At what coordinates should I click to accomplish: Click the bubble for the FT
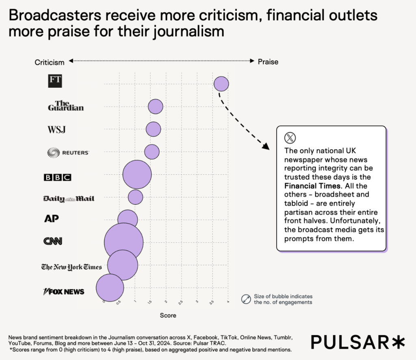pos(221,84)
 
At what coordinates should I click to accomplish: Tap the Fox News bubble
pos(110,288)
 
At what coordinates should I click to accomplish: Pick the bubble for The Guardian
pos(155,106)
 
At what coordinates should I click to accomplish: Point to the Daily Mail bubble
pos(135,197)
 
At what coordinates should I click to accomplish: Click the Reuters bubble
pos(152,152)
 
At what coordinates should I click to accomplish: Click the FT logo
pos(55,80)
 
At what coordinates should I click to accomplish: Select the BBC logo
pos(57,177)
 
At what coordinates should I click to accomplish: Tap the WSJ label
pos(56,130)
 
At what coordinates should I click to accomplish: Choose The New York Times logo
pos(71,267)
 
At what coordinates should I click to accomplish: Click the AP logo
pos(52,219)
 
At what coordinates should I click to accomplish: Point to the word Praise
pos(268,62)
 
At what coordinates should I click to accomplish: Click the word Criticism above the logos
pos(50,62)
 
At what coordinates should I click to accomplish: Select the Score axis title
pos(168,315)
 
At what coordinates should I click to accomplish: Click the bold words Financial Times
pos(312,186)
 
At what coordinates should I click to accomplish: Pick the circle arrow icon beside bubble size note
pos(246,299)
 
